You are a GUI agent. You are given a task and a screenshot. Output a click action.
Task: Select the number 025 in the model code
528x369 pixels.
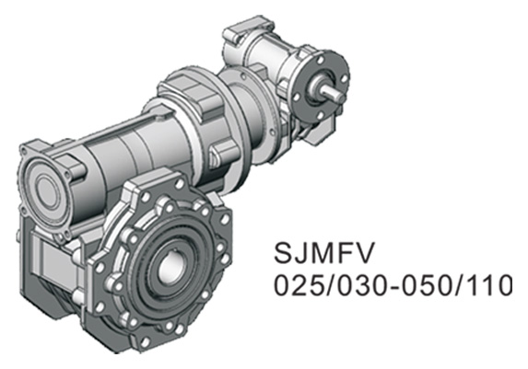point(296,286)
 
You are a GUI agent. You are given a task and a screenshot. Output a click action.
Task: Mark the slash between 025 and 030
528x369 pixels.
point(325,286)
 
